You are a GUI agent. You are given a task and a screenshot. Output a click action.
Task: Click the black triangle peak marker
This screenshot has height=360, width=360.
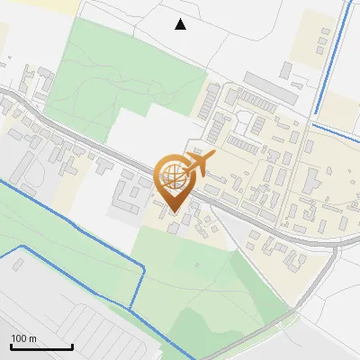tap(180, 24)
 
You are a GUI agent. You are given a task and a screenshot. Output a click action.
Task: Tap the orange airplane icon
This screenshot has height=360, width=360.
tap(201, 163)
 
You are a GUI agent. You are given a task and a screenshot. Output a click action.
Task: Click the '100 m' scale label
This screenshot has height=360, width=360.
tap(23, 338)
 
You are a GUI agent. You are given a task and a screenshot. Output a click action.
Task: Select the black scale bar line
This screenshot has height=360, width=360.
tap(41, 346)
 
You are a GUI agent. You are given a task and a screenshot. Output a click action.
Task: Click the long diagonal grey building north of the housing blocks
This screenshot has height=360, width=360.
tap(270, 87)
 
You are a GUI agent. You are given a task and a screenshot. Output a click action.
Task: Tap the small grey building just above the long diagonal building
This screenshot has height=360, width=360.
tap(286, 68)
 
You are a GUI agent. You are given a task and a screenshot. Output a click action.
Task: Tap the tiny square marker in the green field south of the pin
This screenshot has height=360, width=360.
tap(197, 266)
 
